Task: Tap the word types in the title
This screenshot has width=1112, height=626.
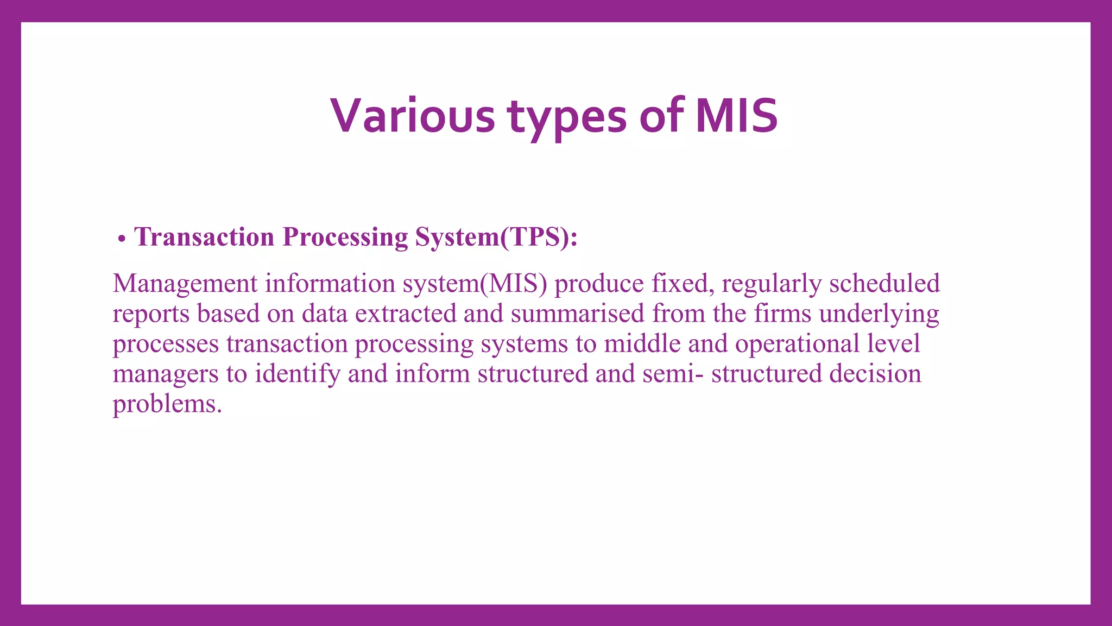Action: coord(567,116)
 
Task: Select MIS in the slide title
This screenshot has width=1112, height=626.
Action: coord(736,116)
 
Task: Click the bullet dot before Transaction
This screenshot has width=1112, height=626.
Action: coord(122,239)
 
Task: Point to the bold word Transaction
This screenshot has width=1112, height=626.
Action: coord(204,237)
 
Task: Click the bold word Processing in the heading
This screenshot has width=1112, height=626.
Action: coord(345,237)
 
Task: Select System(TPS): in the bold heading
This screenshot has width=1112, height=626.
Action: coord(496,237)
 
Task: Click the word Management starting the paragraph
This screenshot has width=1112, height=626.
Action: coord(185,284)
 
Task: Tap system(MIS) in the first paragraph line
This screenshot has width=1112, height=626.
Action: coord(475,284)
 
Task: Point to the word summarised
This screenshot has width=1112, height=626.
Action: coord(577,314)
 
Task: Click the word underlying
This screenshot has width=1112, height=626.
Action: coord(879,314)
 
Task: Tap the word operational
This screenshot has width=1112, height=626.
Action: coord(797,343)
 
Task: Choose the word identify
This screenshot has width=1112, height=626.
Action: coord(298,374)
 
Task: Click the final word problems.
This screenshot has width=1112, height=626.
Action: coord(167,404)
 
